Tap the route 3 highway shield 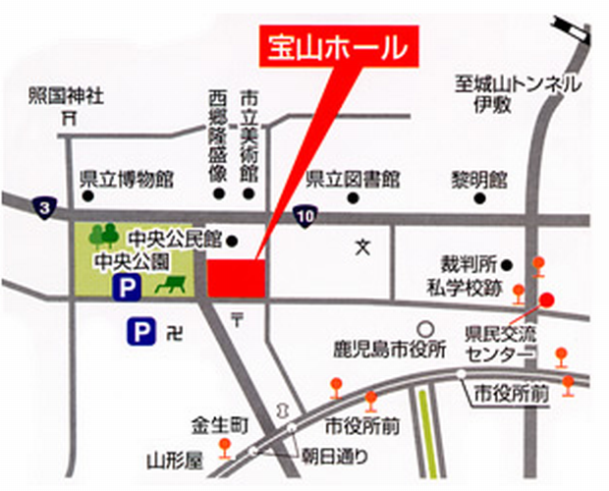point(42,206)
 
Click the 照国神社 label point(66,95)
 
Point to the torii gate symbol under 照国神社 point(68,118)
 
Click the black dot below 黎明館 point(479,198)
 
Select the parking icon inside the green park point(128,288)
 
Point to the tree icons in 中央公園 point(103,236)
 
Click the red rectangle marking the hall point(237,277)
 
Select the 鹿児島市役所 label point(402,348)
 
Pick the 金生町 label point(218,424)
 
